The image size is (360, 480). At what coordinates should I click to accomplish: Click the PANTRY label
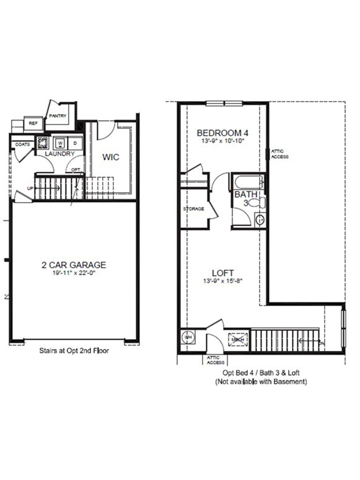pyautogui.click(x=58, y=116)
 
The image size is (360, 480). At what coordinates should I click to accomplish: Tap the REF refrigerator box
pyautogui.click(x=33, y=124)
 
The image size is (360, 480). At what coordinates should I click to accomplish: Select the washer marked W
pyautogui.click(x=60, y=143)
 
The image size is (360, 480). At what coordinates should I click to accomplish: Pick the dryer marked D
pyautogui.click(x=75, y=143)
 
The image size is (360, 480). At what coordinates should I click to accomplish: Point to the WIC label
pyautogui.click(x=111, y=157)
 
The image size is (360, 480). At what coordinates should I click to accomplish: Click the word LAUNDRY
pyautogui.click(x=60, y=154)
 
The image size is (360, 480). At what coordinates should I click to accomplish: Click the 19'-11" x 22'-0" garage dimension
pyautogui.click(x=74, y=273)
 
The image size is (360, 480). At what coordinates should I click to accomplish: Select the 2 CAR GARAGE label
pyautogui.click(x=74, y=265)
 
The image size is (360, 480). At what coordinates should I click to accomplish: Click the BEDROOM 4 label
pyautogui.click(x=220, y=133)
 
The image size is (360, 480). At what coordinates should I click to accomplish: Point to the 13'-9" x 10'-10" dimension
pyautogui.click(x=220, y=141)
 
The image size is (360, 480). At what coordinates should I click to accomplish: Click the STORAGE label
pyautogui.click(x=194, y=209)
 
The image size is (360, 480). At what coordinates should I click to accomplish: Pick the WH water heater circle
pyautogui.click(x=188, y=337)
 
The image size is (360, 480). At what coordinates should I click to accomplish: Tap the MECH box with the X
pyautogui.click(x=236, y=340)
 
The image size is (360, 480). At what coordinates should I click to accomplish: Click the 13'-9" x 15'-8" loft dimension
pyautogui.click(x=223, y=281)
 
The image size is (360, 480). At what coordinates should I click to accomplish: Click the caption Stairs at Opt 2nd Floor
pyautogui.click(x=74, y=351)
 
